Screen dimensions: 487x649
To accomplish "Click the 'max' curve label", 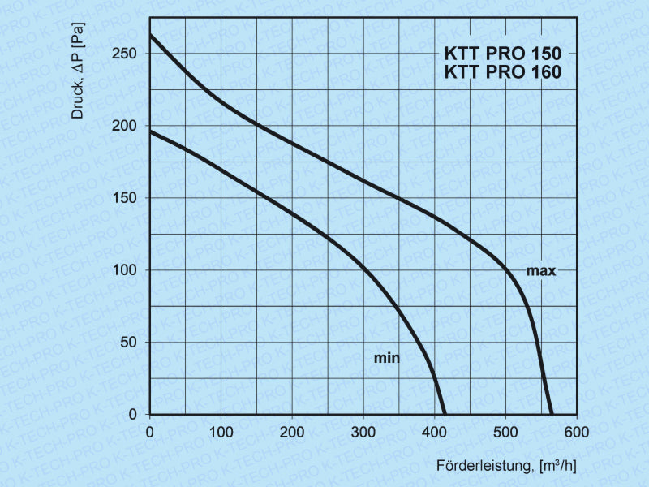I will click(x=541, y=271).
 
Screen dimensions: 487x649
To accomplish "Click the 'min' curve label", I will click(x=388, y=357).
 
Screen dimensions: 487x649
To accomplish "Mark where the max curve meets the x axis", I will click(x=552, y=414).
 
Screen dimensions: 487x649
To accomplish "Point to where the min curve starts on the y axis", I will click(x=150, y=131).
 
